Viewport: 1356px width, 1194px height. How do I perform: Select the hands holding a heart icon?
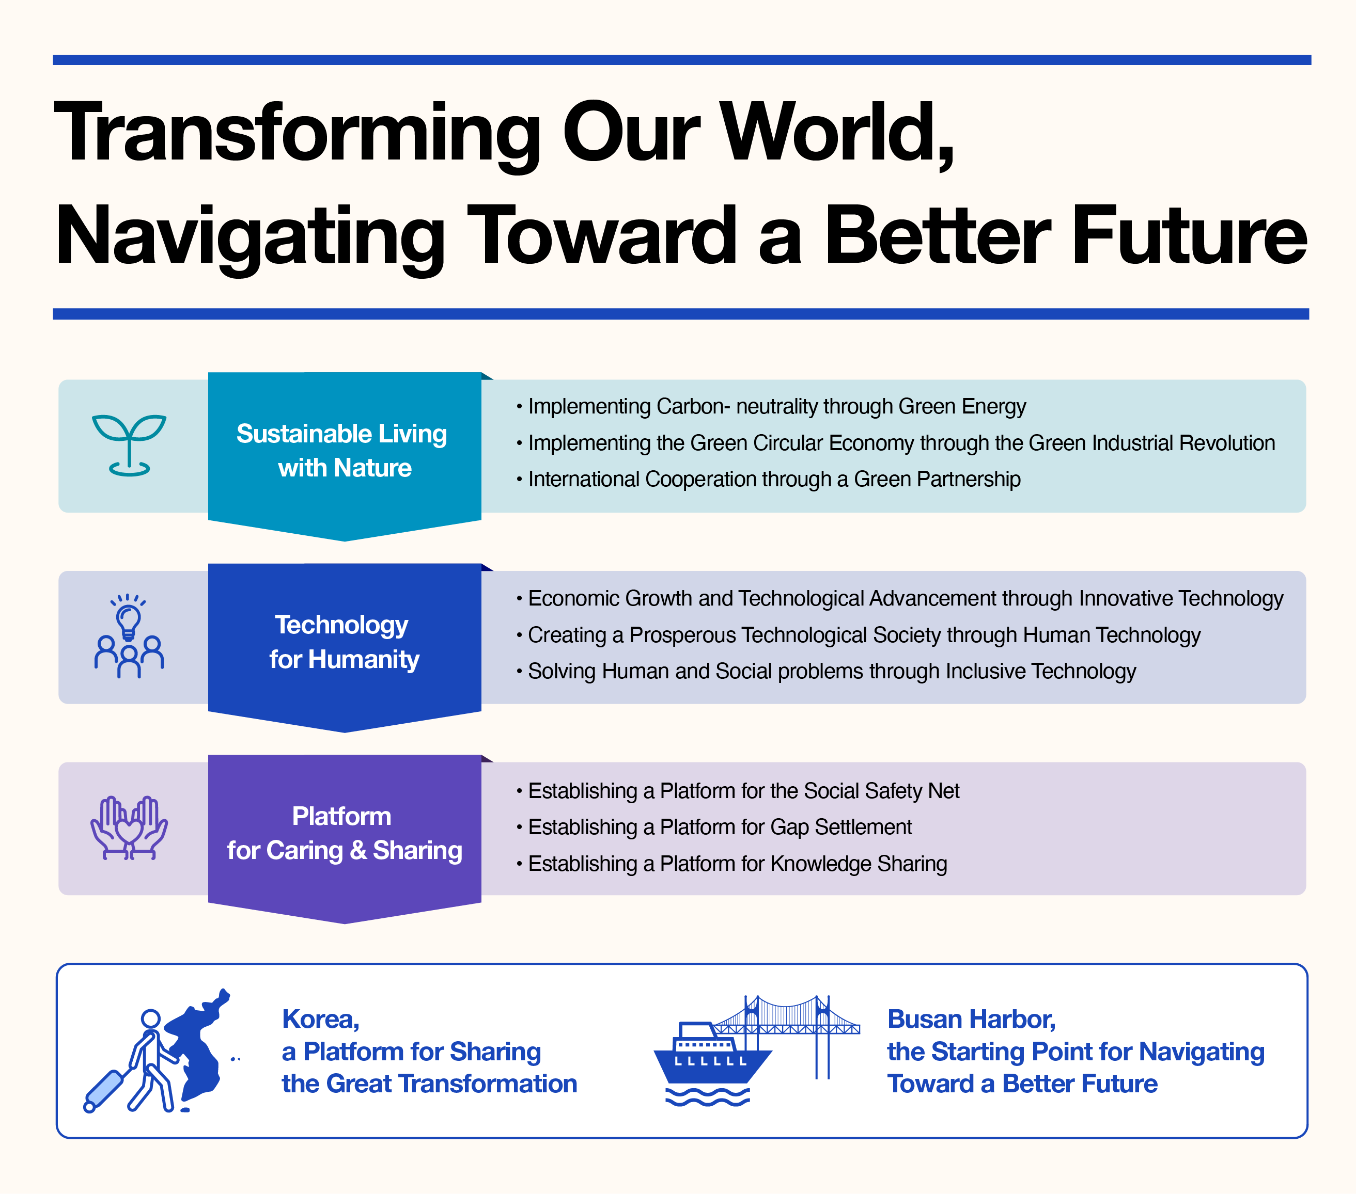tap(129, 828)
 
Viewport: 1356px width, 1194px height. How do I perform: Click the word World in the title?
tap(837, 132)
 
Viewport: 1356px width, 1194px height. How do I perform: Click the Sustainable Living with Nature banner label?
tap(342, 451)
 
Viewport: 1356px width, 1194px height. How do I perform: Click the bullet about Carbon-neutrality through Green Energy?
tap(771, 406)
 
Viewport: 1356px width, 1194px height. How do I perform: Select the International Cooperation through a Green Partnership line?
tap(768, 480)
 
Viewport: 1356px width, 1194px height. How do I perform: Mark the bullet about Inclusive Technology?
tap(826, 672)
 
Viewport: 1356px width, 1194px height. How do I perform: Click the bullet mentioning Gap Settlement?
tap(714, 827)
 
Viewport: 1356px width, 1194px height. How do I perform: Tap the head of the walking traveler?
tap(151, 1019)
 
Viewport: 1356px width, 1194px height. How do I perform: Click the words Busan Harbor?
tap(971, 1019)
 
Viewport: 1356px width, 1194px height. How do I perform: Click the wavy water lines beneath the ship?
tap(707, 1096)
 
